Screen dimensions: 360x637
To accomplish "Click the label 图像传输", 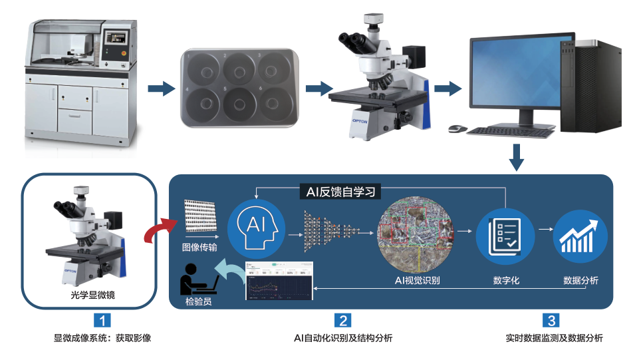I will point(199,246).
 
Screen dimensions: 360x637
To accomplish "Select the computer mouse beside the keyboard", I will point(455,128).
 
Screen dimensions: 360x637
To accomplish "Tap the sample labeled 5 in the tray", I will point(239,104).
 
